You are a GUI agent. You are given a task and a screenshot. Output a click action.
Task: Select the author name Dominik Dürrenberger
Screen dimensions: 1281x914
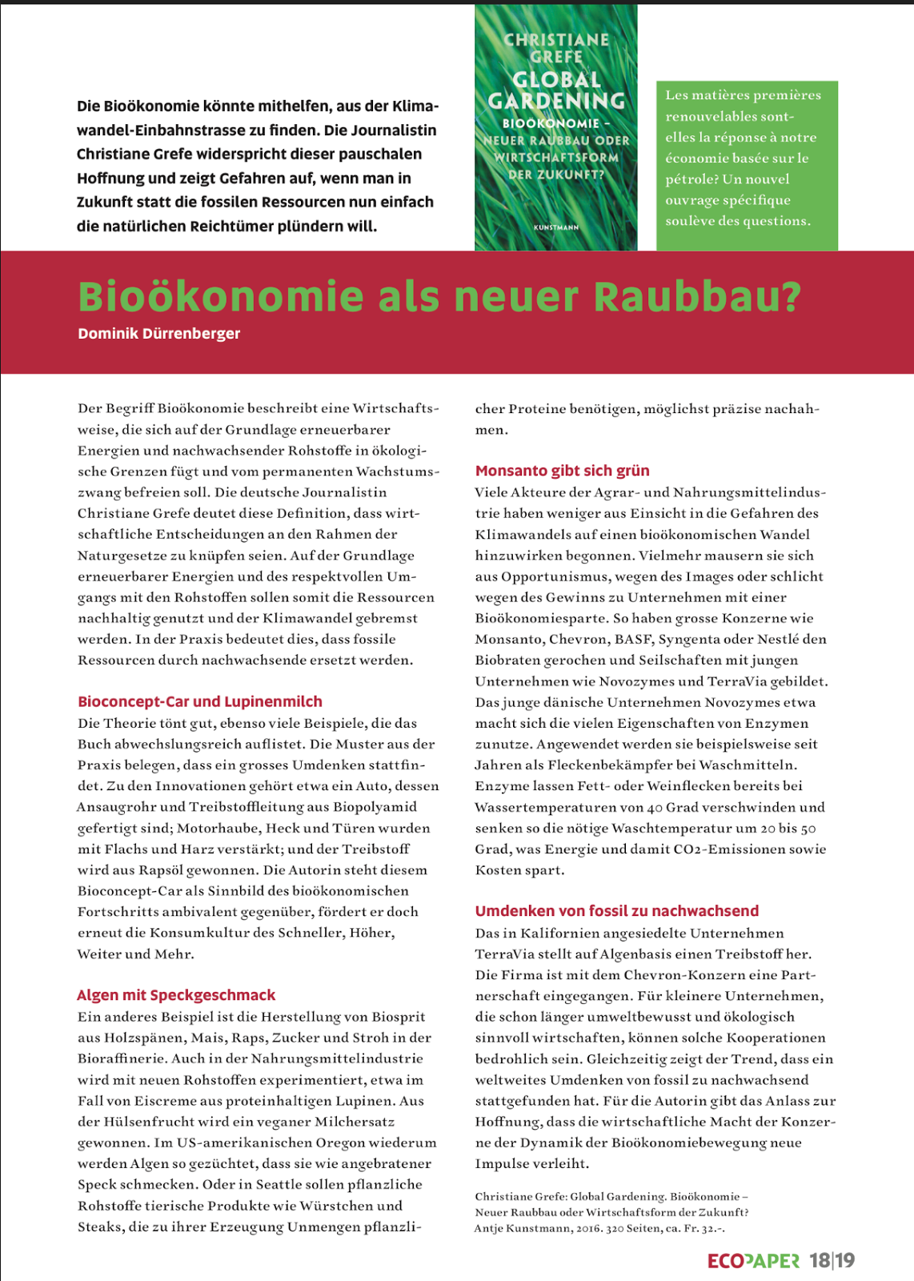(x=158, y=334)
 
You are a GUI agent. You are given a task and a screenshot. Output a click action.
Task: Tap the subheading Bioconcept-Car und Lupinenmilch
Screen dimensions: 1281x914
(x=200, y=701)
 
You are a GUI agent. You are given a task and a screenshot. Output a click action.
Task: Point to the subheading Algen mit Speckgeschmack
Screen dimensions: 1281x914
(x=176, y=995)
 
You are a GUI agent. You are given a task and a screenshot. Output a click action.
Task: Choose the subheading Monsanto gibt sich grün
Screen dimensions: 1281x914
(x=562, y=471)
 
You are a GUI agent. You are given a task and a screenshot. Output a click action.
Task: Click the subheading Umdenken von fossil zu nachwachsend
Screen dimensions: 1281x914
(x=616, y=911)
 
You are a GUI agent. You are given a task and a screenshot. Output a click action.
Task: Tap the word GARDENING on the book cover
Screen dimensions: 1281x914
(x=557, y=101)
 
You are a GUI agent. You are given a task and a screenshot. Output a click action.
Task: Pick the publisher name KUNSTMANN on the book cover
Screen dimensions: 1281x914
(x=556, y=227)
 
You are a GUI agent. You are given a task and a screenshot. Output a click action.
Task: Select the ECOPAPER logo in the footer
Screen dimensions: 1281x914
(x=753, y=1261)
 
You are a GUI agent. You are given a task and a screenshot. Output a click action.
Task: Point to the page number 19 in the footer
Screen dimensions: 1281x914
(x=845, y=1261)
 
